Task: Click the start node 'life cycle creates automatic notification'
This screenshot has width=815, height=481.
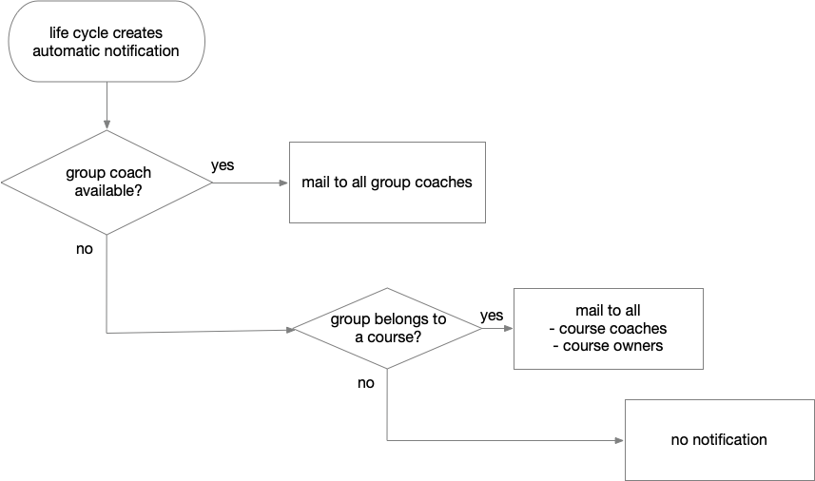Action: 106,42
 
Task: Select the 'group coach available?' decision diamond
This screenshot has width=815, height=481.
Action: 107,182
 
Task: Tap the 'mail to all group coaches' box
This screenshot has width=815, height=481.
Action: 387,183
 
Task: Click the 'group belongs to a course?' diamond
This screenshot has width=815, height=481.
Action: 387,328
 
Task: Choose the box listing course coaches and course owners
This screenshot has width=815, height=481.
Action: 608,328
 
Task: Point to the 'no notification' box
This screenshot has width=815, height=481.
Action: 718,439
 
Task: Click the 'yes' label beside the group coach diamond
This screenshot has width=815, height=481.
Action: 223,165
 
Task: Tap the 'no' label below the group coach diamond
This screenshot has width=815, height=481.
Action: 85,249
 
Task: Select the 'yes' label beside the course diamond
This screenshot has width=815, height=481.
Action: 492,316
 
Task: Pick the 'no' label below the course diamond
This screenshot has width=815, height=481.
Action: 366,383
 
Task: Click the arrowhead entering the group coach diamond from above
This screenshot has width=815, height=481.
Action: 107,124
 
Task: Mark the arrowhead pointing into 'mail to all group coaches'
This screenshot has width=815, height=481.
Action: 283,183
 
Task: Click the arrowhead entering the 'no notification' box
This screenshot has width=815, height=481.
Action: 619,440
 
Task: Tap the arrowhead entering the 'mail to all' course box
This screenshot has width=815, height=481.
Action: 508,329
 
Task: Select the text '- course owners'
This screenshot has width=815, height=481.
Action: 608,346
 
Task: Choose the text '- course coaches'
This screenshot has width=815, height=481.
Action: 608,329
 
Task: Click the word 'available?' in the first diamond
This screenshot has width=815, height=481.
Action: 107,190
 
